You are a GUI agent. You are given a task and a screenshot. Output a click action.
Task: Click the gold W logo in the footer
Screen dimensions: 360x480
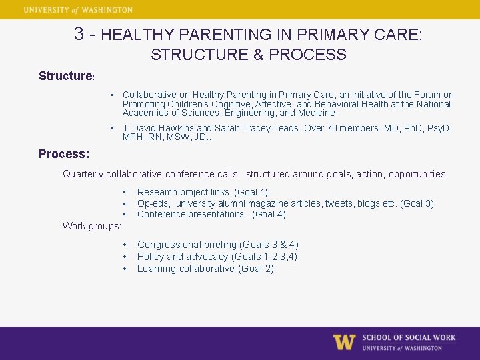click(x=344, y=342)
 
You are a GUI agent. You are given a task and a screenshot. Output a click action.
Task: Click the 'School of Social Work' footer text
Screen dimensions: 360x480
click(x=409, y=337)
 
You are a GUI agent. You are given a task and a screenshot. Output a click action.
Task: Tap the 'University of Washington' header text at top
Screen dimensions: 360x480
click(x=78, y=10)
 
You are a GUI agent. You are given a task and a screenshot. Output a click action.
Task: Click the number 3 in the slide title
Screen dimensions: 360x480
click(x=79, y=33)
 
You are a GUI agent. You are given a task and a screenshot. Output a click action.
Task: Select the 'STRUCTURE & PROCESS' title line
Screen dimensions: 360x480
click(x=248, y=55)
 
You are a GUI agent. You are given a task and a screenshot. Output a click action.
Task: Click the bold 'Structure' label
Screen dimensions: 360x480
click(x=65, y=76)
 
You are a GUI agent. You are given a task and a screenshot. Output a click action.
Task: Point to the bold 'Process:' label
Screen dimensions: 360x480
click(x=63, y=154)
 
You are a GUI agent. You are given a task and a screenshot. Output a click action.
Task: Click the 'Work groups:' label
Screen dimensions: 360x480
click(x=92, y=226)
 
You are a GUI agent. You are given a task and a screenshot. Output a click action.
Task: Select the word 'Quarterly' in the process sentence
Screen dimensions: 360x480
click(x=83, y=174)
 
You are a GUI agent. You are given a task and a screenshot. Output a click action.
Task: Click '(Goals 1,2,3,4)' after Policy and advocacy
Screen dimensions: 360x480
click(x=265, y=257)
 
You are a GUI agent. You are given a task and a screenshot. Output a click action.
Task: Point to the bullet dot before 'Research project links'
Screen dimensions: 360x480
click(x=125, y=192)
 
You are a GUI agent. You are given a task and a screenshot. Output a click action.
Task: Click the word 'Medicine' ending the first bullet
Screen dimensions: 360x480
click(x=319, y=113)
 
